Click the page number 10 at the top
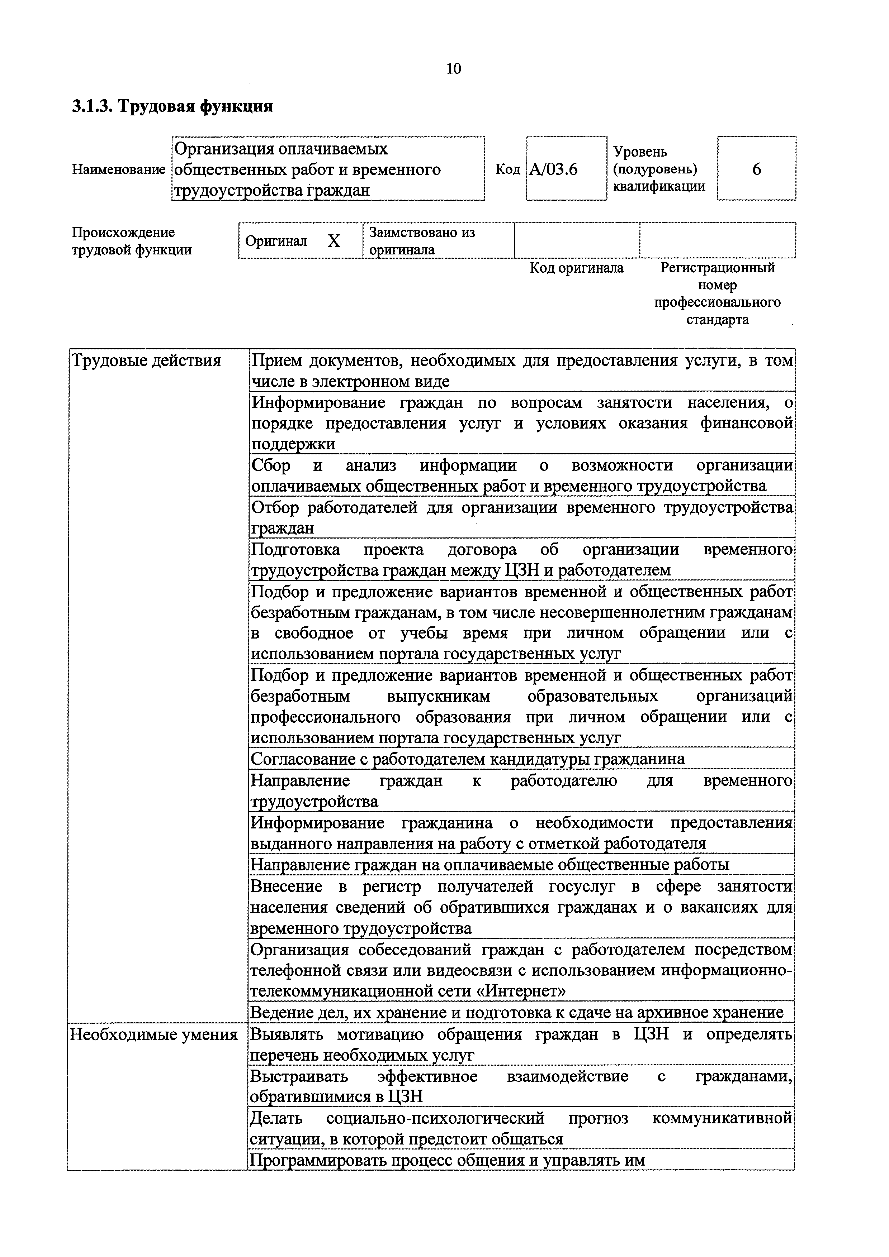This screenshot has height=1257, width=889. pyautogui.click(x=454, y=68)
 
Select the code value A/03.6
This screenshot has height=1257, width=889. pyautogui.click(x=553, y=169)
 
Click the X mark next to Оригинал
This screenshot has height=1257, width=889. pyautogui.click(x=334, y=241)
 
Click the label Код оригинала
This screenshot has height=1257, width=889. pyautogui.click(x=576, y=268)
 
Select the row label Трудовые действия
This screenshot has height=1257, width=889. pyautogui.click(x=147, y=361)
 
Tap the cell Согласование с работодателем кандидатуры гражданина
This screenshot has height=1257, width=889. pyautogui.click(x=467, y=759)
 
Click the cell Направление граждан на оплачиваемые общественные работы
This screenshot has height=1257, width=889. pyautogui.click(x=490, y=865)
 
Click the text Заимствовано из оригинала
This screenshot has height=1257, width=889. pyautogui.click(x=422, y=241)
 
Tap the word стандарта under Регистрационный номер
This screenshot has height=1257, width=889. pyautogui.click(x=717, y=320)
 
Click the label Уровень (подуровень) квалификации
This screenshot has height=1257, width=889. pyautogui.click(x=659, y=169)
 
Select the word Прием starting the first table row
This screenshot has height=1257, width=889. pyautogui.click(x=275, y=361)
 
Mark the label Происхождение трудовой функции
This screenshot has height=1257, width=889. pyautogui.click(x=132, y=241)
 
